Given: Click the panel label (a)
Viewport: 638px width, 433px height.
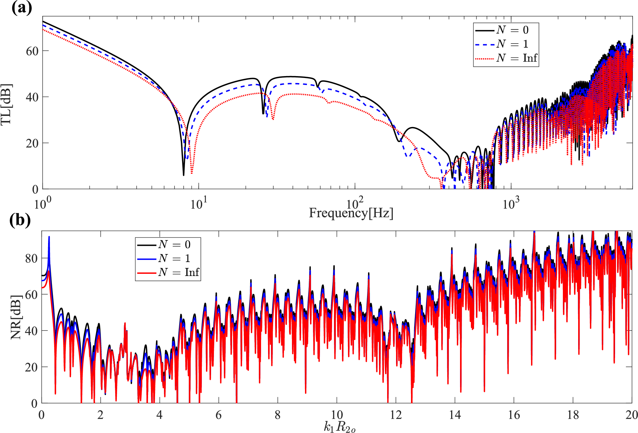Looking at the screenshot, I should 22,8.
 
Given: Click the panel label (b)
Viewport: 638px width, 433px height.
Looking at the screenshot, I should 20,220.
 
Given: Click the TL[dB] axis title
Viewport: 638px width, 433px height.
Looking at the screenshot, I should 6,105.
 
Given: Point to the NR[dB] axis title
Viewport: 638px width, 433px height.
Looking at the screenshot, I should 16,317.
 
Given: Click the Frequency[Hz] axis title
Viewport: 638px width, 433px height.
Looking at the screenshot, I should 351,213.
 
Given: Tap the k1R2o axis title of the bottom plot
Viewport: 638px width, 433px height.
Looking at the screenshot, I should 339,427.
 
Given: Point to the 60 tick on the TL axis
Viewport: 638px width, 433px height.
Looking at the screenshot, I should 32,51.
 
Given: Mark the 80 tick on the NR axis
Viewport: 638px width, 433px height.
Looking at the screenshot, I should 32,259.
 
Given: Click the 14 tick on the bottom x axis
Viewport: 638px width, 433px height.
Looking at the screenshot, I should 455,415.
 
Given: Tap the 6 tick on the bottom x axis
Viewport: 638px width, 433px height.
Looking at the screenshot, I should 218,415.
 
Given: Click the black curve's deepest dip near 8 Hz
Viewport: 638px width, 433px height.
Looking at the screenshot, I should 183,174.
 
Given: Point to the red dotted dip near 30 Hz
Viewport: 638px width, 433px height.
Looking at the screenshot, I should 273,119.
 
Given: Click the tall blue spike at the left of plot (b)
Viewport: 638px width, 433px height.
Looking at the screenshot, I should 49,237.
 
